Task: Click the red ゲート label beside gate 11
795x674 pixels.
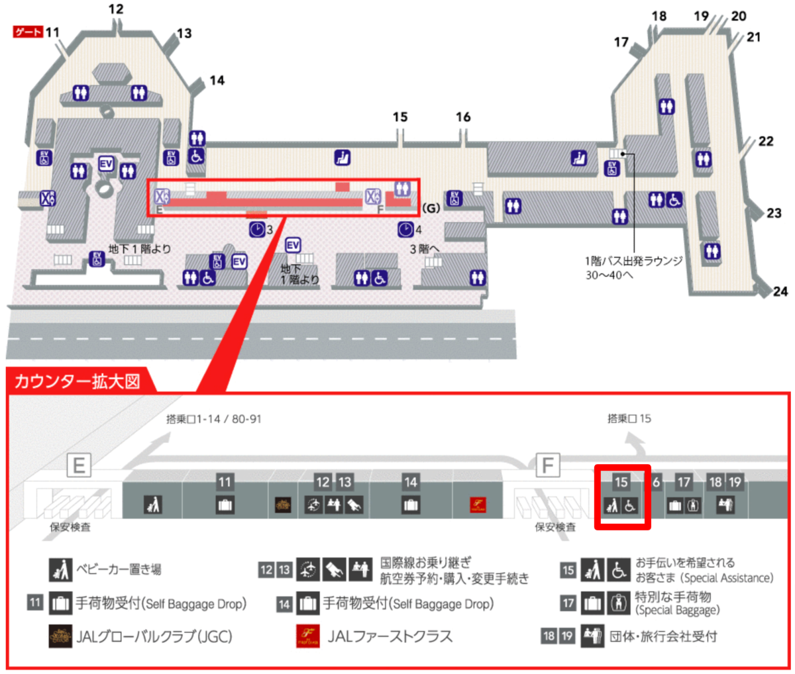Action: click(x=28, y=32)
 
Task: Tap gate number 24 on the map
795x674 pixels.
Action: click(x=780, y=291)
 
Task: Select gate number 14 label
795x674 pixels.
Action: click(x=217, y=80)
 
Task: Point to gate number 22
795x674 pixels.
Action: click(x=765, y=141)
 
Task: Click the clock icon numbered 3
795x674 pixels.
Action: click(x=256, y=230)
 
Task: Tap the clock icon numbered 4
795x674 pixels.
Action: click(x=405, y=230)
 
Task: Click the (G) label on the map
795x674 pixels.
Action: click(x=431, y=208)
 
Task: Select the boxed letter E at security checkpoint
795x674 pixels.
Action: click(x=79, y=465)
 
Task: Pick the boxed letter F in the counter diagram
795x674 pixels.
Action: click(x=548, y=465)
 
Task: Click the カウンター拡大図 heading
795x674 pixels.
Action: click(x=78, y=381)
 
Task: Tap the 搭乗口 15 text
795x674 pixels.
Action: click(x=629, y=418)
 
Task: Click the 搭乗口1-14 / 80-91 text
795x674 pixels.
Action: click(x=214, y=418)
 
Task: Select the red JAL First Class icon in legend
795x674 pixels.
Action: click(x=307, y=636)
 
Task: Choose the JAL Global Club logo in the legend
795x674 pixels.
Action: click(x=60, y=636)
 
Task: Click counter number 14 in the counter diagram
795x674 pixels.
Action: click(x=410, y=482)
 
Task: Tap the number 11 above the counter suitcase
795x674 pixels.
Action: click(x=225, y=482)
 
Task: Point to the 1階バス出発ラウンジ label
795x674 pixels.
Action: click(x=634, y=261)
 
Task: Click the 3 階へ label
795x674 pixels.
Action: click(x=424, y=249)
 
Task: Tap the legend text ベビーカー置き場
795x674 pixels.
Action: click(x=119, y=569)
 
